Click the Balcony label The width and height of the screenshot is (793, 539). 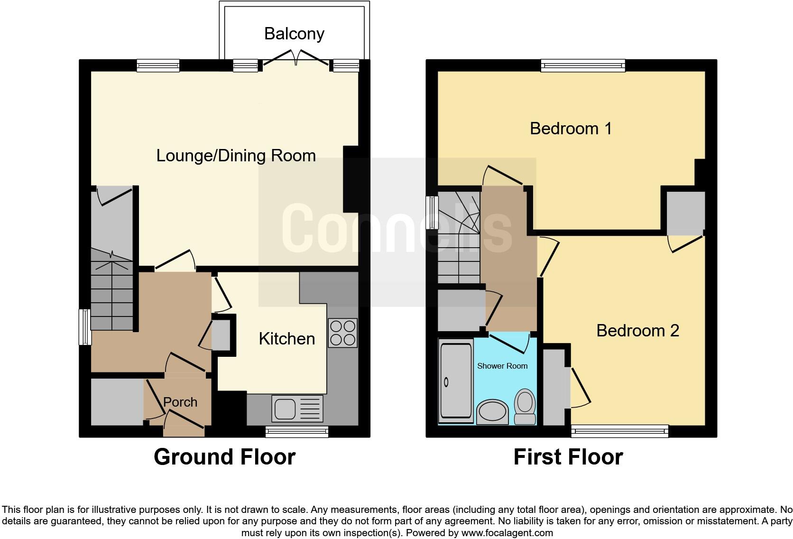coord(294,34)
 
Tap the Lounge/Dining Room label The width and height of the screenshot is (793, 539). coord(236,156)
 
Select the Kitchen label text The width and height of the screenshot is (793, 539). coord(286,339)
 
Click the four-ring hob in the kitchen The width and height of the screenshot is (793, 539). coord(342,333)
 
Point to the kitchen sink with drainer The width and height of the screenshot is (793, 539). coord(297,409)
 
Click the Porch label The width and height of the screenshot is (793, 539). coord(180,402)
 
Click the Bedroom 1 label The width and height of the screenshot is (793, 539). coord(571,129)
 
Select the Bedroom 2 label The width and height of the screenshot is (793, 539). coord(637,331)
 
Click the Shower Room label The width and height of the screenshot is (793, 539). coord(502,366)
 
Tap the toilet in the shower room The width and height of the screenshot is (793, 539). coord(525,407)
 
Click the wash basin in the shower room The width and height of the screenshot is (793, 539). coord(492,412)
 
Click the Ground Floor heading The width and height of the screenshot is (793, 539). coord(224,457)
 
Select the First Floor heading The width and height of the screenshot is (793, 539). coord(568,457)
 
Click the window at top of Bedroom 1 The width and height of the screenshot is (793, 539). coord(583,65)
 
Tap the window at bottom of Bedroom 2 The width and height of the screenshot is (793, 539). coord(619,431)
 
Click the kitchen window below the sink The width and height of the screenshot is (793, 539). coord(297,431)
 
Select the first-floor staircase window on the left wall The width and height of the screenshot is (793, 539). coord(432,212)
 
